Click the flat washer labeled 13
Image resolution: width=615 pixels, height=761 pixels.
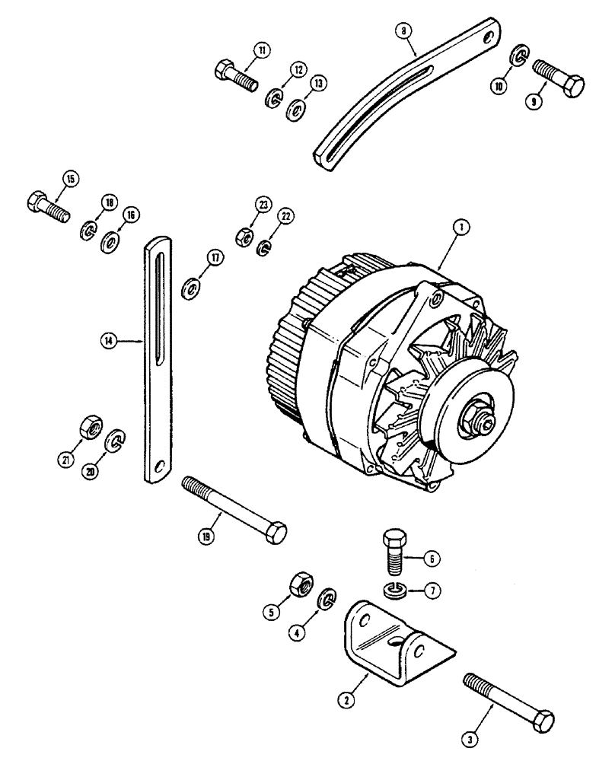[295, 110]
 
